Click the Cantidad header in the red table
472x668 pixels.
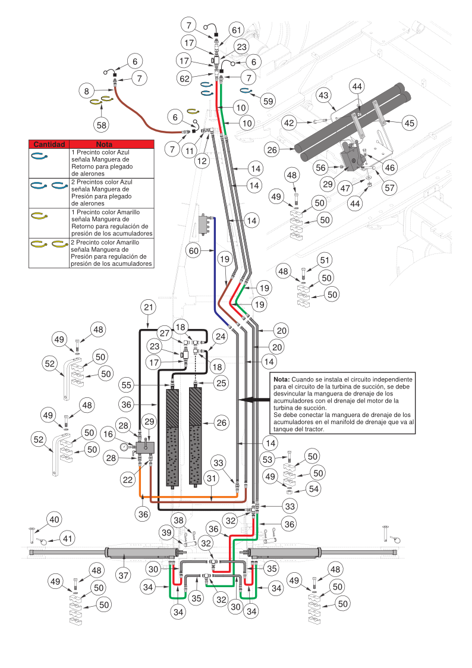coord(49,144)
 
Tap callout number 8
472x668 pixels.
coord(87,91)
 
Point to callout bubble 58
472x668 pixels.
coord(102,124)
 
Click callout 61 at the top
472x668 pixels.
coord(236,30)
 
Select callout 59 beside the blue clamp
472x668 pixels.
coord(268,101)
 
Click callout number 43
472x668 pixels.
coord(323,95)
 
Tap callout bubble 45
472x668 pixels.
coord(409,123)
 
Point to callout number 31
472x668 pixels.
coord(211,477)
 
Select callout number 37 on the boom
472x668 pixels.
coord(123,575)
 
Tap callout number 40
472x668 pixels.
coord(55,519)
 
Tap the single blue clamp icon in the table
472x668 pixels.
coord(39,155)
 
